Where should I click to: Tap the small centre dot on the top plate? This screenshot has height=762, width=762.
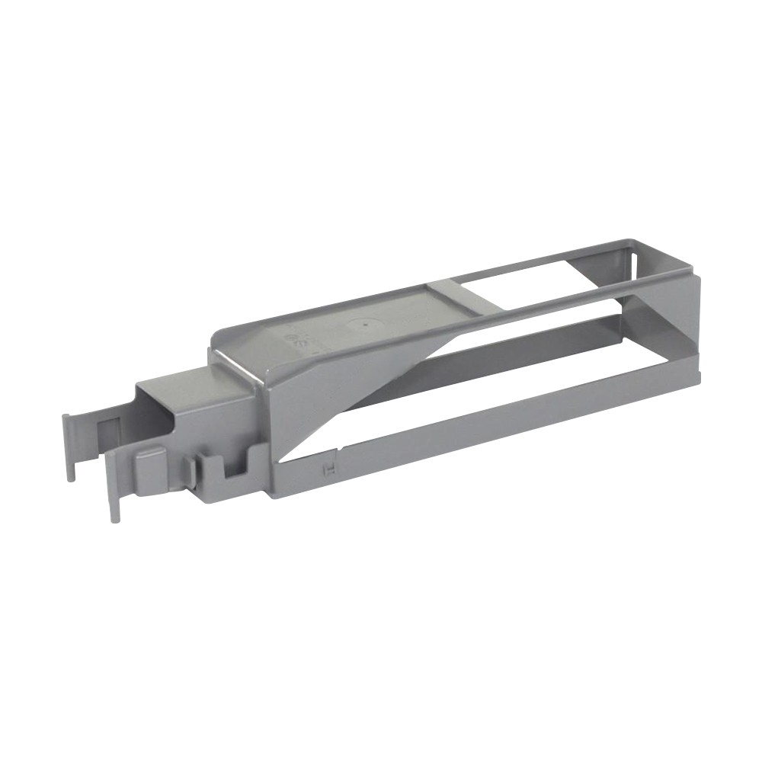367,323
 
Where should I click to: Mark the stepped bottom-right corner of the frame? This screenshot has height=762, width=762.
697,373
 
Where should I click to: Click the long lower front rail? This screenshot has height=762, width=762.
495,427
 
